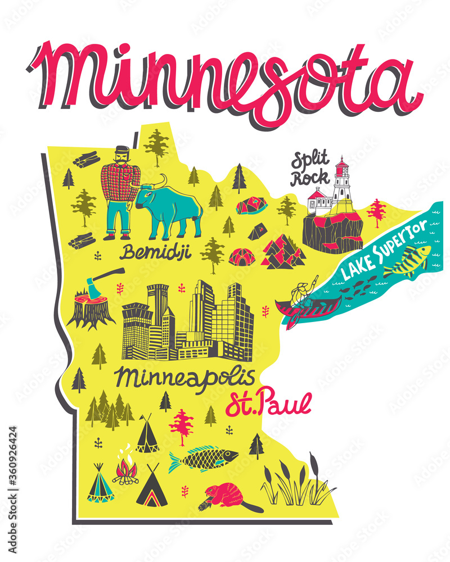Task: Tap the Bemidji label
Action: (x=155, y=252)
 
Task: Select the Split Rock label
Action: (x=309, y=169)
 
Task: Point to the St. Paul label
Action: (x=268, y=405)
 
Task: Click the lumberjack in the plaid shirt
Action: (x=120, y=191)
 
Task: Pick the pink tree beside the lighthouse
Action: (x=376, y=212)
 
